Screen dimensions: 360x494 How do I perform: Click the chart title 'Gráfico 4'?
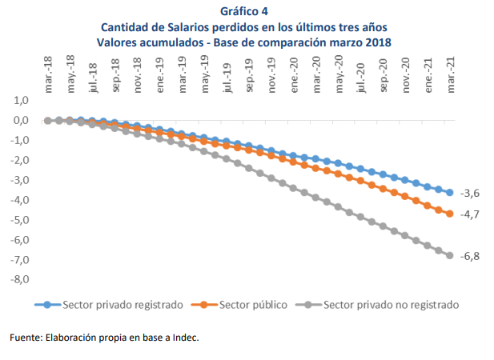(x=248, y=10)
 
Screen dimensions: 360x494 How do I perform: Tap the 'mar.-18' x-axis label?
(x=49, y=73)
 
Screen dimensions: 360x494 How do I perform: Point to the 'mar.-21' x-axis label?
(x=451, y=73)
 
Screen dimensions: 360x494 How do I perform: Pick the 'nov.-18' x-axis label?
(x=138, y=73)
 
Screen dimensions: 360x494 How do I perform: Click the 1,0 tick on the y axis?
(x=21, y=101)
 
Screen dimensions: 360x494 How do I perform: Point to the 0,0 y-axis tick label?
(x=21, y=121)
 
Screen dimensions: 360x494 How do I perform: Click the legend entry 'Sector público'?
(x=253, y=305)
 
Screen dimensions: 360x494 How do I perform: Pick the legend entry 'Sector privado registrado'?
(x=123, y=305)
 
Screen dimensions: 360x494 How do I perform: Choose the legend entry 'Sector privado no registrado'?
(x=391, y=305)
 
